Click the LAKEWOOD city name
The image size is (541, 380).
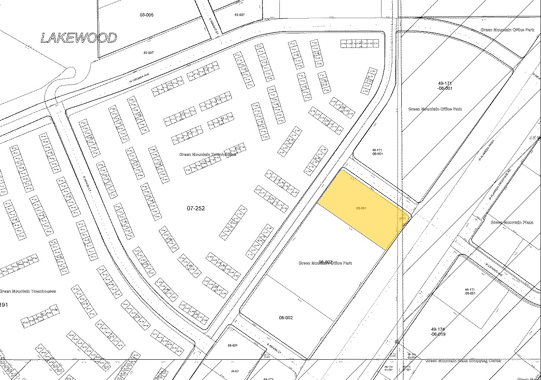(78, 38)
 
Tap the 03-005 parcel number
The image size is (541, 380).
(146, 15)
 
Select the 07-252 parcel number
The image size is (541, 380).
(196, 208)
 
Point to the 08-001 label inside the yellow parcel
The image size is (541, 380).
(361, 208)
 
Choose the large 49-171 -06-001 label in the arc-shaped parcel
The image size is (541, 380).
(437, 85)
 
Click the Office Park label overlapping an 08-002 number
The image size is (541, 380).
(325, 263)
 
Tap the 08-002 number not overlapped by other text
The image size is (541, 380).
(286, 317)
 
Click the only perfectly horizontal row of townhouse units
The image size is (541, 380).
(360, 44)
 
